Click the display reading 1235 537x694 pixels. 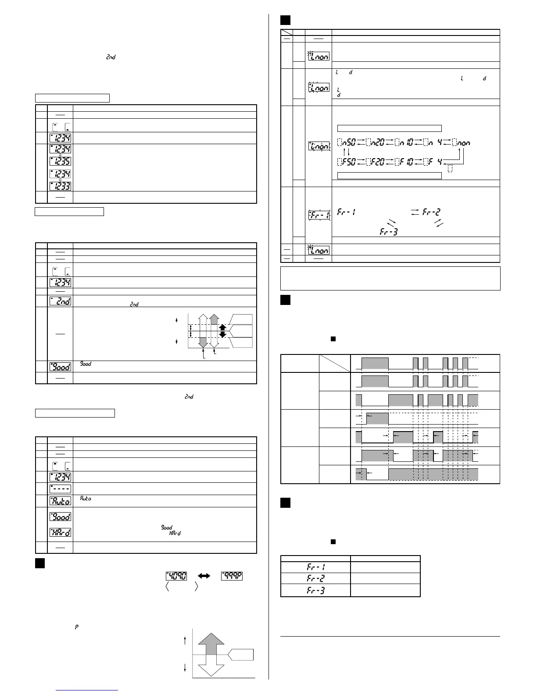[60, 161]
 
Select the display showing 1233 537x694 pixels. [60, 186]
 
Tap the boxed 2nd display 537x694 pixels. [60, 301]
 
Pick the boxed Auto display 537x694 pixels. [60, 501]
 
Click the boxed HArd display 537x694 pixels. [60, 533]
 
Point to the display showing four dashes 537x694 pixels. [60, 489]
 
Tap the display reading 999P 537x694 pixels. [232, 575]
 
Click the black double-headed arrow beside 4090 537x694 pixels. [204, 575]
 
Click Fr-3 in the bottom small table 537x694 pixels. [315, 590]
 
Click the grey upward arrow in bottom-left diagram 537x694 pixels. [212, 644]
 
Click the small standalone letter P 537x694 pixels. [77, 627]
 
